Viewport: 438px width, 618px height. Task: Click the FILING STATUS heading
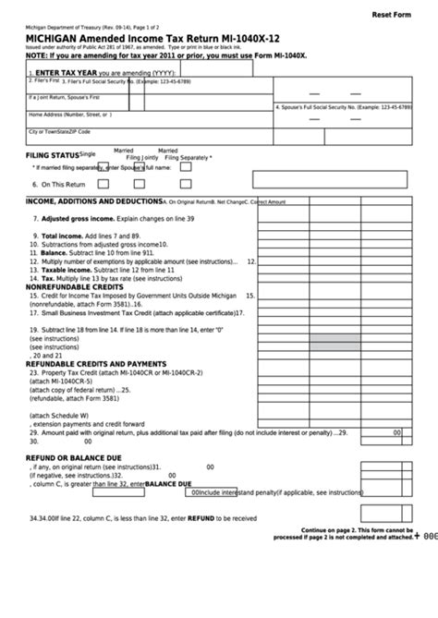pos(50,156)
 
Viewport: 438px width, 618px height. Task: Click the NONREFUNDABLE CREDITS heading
pos(75,286)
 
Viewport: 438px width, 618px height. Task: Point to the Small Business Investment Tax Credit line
pos(129,313)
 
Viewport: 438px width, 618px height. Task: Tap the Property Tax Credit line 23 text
pos(111,371)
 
